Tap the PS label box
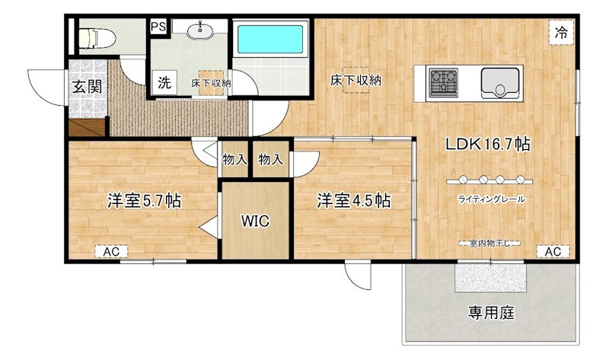(x=158, y=27)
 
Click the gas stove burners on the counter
(x=442, y=82)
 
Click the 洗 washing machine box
(x=164, y=82)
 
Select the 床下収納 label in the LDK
(x=356, y=80)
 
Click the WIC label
(x=255, y=221)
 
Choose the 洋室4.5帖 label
(x=353, y=201)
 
